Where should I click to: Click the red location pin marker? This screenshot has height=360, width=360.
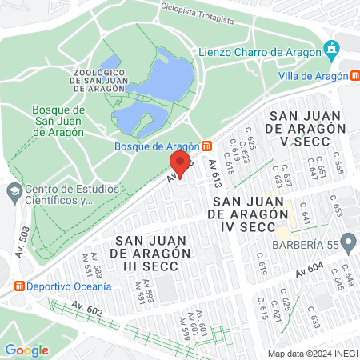tap(180, 164)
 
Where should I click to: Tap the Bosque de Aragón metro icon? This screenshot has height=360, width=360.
tap(207, 146)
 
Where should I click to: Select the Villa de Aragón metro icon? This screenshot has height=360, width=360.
tap(354, 76)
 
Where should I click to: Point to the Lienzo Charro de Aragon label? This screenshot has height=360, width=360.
tap(258, 53)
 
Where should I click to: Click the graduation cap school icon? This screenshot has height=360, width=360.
tap(14, 192)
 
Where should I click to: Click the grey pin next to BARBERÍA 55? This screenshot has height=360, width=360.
tap(348, 242)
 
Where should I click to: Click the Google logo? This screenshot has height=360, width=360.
tap(26, 350)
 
